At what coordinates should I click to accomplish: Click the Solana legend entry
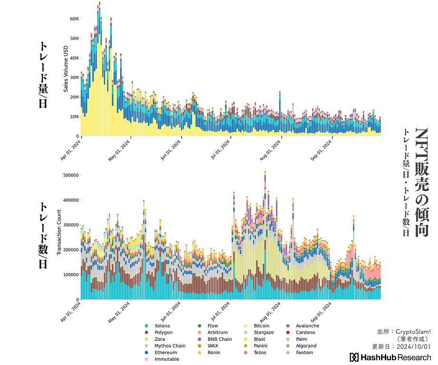pos(162,326)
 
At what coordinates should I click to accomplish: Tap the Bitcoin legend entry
pos(261,326)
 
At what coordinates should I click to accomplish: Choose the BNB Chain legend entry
pos(219,339)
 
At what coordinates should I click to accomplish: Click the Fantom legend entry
pos(304,353)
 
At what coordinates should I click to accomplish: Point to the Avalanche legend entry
pos(307,326)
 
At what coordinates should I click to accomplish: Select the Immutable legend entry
pos(167,359)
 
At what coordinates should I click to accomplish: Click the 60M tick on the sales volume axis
pos(74,19)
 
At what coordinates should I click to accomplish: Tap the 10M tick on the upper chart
pos(74,116)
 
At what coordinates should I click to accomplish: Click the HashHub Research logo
pos(390,357)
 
